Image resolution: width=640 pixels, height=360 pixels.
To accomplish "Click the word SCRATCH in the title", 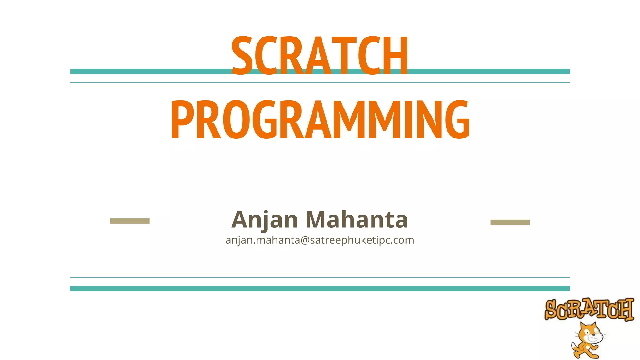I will [320, 56].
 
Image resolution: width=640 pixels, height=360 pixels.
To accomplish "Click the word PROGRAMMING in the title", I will [320, 120].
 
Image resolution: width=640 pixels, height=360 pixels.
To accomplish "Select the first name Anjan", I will [264, 220].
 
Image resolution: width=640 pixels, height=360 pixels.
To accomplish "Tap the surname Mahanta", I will [357, 219].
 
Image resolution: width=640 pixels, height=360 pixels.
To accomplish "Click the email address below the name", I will [320, 240].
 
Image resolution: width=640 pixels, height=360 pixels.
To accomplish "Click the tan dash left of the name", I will [130, 221].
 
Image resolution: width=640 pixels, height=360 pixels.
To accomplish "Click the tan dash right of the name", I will [510, 222].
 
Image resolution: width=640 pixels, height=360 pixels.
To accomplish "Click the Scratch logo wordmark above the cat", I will [589, 309].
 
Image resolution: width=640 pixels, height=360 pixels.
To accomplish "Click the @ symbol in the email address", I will [305, 240].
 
